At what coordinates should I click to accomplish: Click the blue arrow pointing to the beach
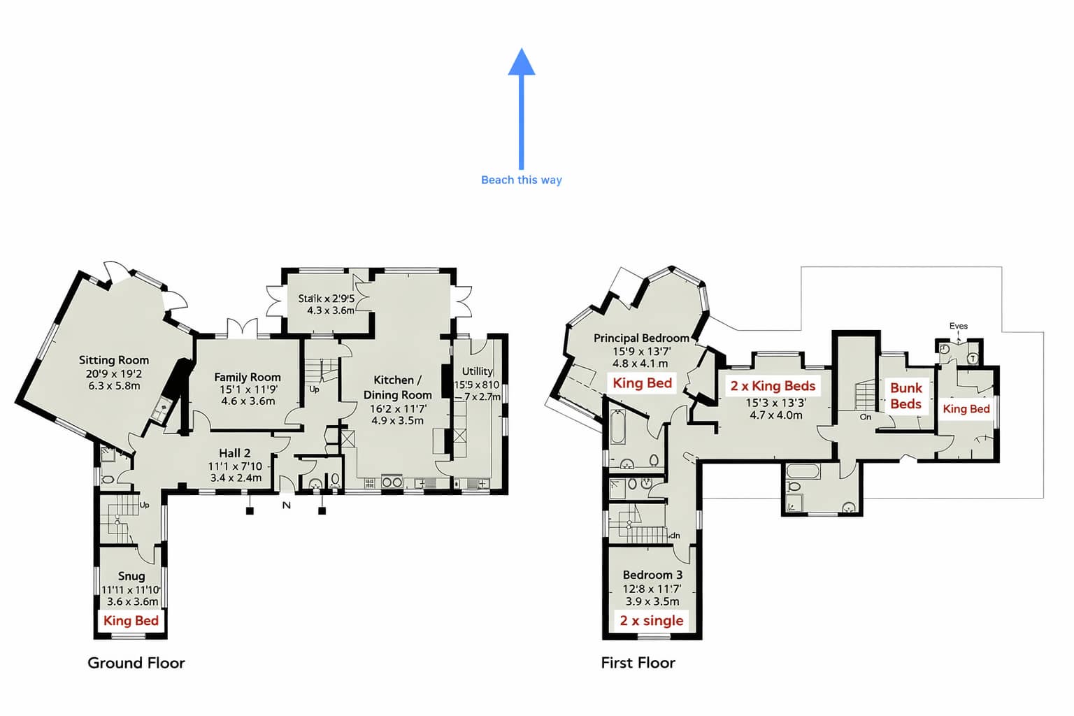pos(521,105)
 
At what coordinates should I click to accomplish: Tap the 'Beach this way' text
pos(521,180)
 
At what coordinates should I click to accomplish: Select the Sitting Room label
pos(113,360)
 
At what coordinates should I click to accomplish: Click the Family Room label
pos(248,377)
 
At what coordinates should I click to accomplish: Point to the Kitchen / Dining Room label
pos(397,387)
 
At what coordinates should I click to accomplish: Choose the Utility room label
pos(478,371)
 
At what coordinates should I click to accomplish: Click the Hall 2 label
pos(234,453)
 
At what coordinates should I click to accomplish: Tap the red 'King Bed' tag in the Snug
pos(131,621)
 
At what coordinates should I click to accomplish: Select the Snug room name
pos(131,576)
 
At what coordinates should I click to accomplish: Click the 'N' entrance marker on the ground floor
pos(286,505)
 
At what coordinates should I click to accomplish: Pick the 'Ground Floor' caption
pos(136,663)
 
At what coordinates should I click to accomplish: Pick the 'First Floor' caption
pos(638,663)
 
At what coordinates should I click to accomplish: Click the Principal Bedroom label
pos(640,338)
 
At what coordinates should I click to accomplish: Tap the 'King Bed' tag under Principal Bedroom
pos(642,382)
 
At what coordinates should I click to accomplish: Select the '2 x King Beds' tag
pos(773,386)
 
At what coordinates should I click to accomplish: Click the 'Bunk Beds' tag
pos(905,396)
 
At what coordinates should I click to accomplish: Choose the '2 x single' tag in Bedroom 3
pos(652,621)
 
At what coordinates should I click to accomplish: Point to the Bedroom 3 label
pos(652,575)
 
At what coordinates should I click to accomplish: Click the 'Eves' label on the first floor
pos(958,326)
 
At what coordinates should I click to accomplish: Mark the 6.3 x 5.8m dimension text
pos(114,385)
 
